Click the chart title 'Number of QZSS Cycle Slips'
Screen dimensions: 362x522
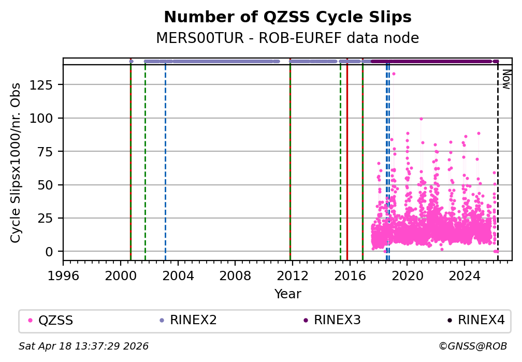pyautogui.click(x=287, y=18)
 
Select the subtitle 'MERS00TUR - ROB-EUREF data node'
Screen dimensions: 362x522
pyautogui.click(x=287, y=38)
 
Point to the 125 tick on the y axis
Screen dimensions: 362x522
pyautogui.click(x=47, y=85)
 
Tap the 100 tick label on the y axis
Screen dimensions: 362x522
pyautogui.click(x=47, y=118)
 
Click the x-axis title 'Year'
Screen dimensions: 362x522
pyautogui.click(x=287, y=294)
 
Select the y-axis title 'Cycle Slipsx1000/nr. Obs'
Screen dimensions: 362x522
pyautogui.click(x=16, y=163)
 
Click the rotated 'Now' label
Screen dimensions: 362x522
pyautogui.click(x=506, y=80)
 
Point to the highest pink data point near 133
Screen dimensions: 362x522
pyautogui.click(x=394, y=74)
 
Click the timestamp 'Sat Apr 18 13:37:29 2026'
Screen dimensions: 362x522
pyautogui.click(x=83, y=346)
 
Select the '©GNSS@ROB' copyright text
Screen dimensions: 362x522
pyautogui.click(x=472, y=346)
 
